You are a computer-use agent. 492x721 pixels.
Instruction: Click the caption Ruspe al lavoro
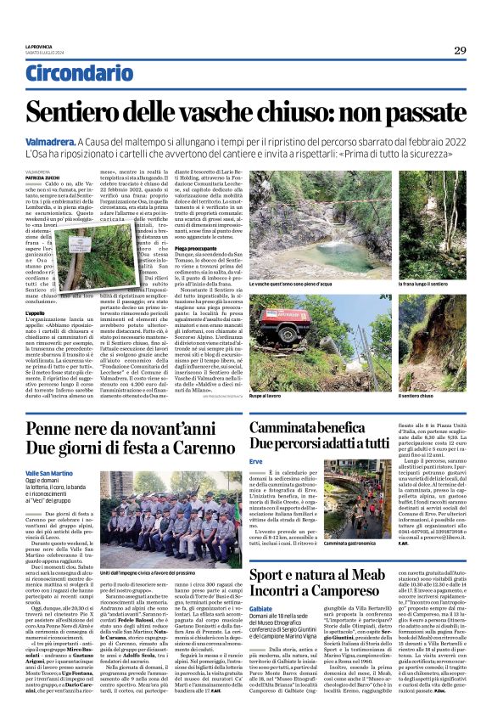[266, 396]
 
